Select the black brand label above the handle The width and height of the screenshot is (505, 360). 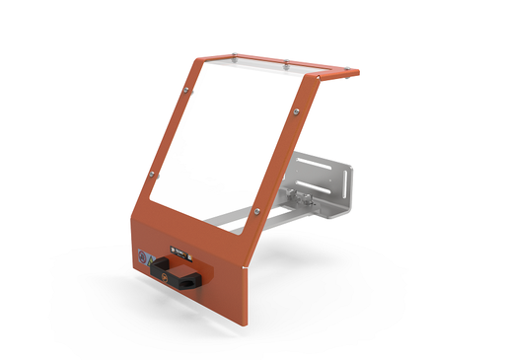(x=180, y=252)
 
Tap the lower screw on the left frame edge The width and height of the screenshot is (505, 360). (x=151, y=175)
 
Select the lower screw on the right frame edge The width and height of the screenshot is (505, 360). (x=257, y=210)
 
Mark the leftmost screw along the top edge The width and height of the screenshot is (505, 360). (x=234, y=56)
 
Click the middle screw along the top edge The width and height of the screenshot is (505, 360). (x=285, y=64)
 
